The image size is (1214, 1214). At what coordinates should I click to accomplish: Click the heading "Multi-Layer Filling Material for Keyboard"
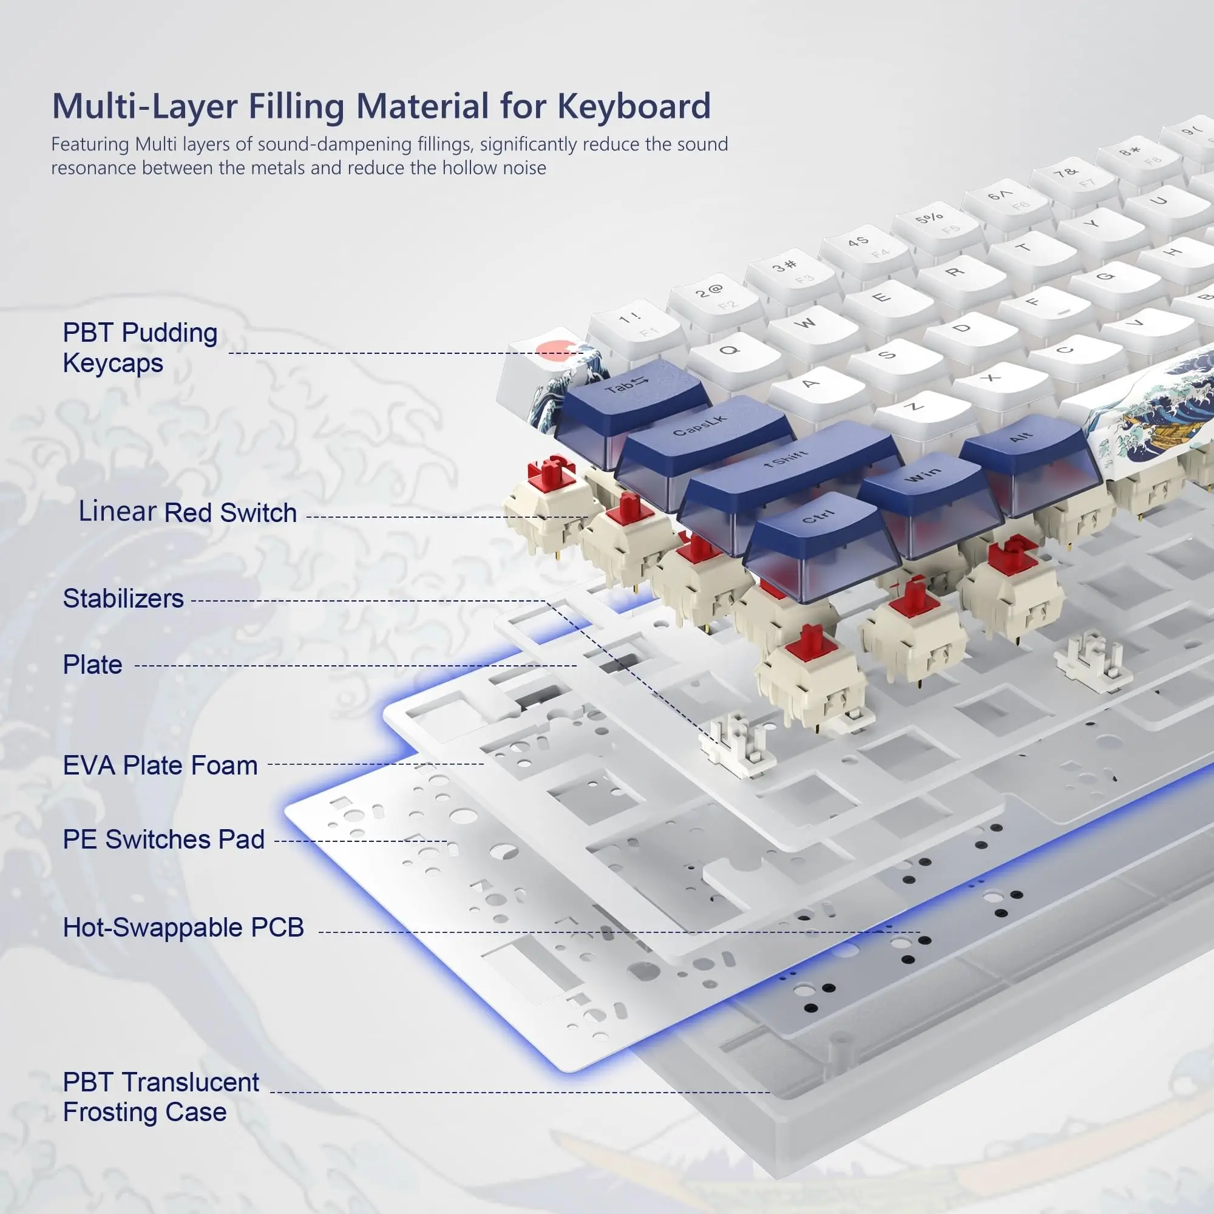click(381, 106)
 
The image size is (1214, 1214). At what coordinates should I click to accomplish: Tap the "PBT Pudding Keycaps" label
click(140, 347)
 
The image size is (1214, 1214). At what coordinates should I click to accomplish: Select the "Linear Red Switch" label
click(187, 512)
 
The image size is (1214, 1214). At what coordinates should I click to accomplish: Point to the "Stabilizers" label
click(123, 599)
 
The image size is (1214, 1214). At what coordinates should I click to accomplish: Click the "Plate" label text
click(92, 665)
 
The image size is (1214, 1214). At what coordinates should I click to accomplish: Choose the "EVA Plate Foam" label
click(160, 765)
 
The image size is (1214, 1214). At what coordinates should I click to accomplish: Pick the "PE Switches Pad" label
click(163, 839)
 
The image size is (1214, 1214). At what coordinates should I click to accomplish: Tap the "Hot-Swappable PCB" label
click(183, 927)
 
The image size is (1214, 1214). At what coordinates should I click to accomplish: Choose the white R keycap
click(954, 271)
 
